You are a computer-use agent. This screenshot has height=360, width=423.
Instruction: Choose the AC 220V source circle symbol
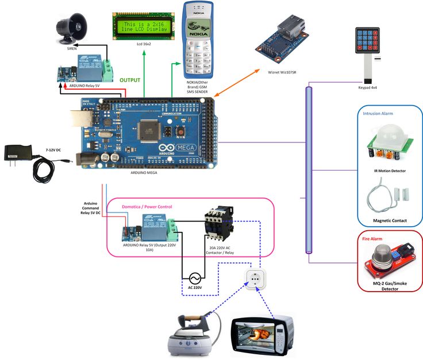point(194,276)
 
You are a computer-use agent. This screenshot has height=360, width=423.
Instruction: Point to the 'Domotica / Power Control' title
point(147,207)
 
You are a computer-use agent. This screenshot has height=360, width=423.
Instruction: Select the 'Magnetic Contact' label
point(390,220)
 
